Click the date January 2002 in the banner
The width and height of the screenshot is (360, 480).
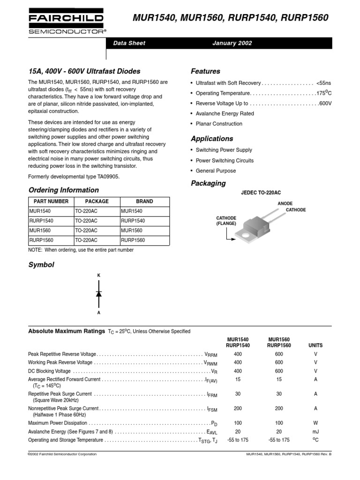(232, 43)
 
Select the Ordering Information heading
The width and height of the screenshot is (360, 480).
(64, 190)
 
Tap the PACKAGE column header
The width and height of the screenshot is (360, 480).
(97, 201)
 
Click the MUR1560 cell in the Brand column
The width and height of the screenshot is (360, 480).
(131, 231)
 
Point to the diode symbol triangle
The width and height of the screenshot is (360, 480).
(99, 293)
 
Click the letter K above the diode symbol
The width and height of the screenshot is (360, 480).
(99, 275)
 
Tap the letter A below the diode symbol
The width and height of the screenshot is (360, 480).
(99, 312)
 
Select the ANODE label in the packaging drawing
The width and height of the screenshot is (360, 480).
(285, 203)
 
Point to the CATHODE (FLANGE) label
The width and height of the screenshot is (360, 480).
(226, 221)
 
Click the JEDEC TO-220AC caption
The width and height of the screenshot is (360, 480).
(261, 193)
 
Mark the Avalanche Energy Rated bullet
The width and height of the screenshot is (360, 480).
(225, 113)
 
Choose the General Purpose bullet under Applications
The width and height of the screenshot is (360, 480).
(216, 171)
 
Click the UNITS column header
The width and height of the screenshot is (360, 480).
(315, 345)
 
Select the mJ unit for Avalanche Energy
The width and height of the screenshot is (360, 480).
(315, 431)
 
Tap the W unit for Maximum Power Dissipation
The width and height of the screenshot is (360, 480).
(315, 423)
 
